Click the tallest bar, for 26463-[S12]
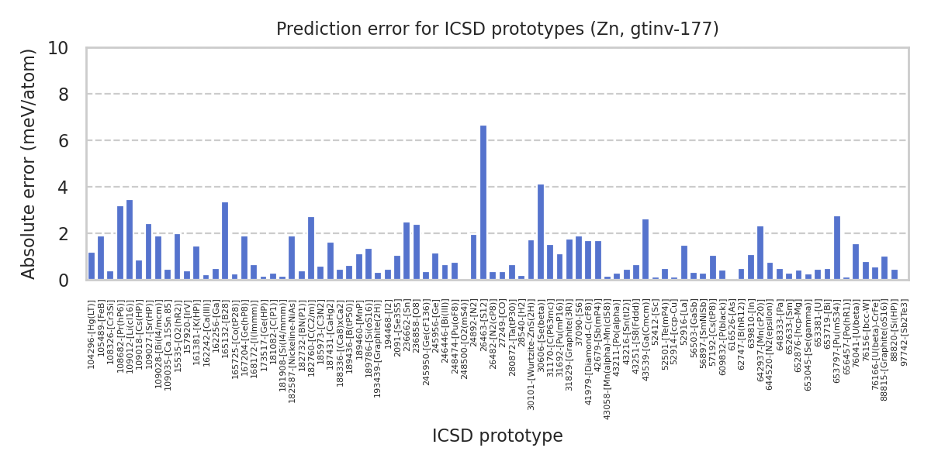[x=483, y=203]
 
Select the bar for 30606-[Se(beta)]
[x=541, y=232]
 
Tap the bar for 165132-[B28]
[x=225, y=241]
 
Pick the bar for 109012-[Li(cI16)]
[x=130, y=240]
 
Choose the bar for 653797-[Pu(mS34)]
[x=837, y=248]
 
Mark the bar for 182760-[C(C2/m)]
[x=311, y=249]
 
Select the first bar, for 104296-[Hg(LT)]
[x=92, y=267]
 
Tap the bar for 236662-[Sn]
[x=407, y=251]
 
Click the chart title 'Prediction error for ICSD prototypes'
[x=497, y=29]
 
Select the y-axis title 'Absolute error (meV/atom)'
[x=29, y=164]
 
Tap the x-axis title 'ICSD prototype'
[x=497, y=436]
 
